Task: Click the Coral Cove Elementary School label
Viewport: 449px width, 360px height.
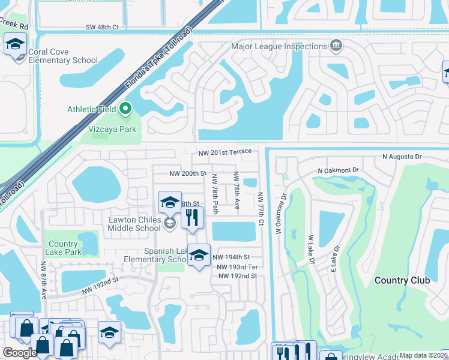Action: coord(63,56)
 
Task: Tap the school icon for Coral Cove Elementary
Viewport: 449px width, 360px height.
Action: coord(15,44)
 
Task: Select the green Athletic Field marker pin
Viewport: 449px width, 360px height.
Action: coord(125,109)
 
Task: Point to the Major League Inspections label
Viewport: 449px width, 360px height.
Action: coord(279,46)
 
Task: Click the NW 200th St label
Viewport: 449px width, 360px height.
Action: coord(187,173)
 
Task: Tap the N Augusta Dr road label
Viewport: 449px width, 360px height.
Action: coord(402,157)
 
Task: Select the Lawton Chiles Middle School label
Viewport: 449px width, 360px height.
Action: coord(134,224)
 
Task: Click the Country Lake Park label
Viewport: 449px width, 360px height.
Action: coord(64,248)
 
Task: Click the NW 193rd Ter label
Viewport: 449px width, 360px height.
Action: coord(237,266)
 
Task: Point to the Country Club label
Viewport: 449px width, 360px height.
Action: coord(402,280)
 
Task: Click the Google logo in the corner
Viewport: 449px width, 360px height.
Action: coord(20,353)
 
